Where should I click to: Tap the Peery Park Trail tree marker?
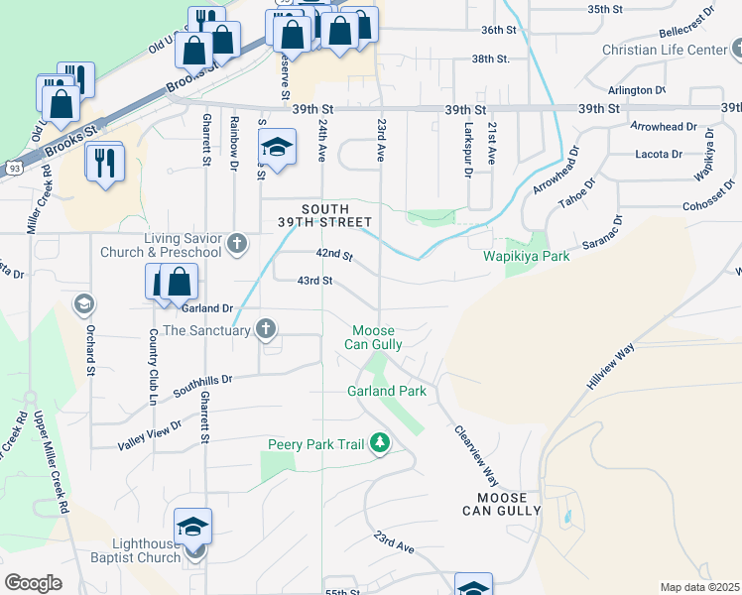(379, 443)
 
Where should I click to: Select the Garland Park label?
(387, 391)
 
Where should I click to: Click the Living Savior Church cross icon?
(236, 244)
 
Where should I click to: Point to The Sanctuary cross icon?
(266, 329)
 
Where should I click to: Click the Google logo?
(33, 583)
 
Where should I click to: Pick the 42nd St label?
(334, 255)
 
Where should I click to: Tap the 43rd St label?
(314, 281)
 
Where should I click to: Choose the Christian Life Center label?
(664, 50)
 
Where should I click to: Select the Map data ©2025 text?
(698, 587)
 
